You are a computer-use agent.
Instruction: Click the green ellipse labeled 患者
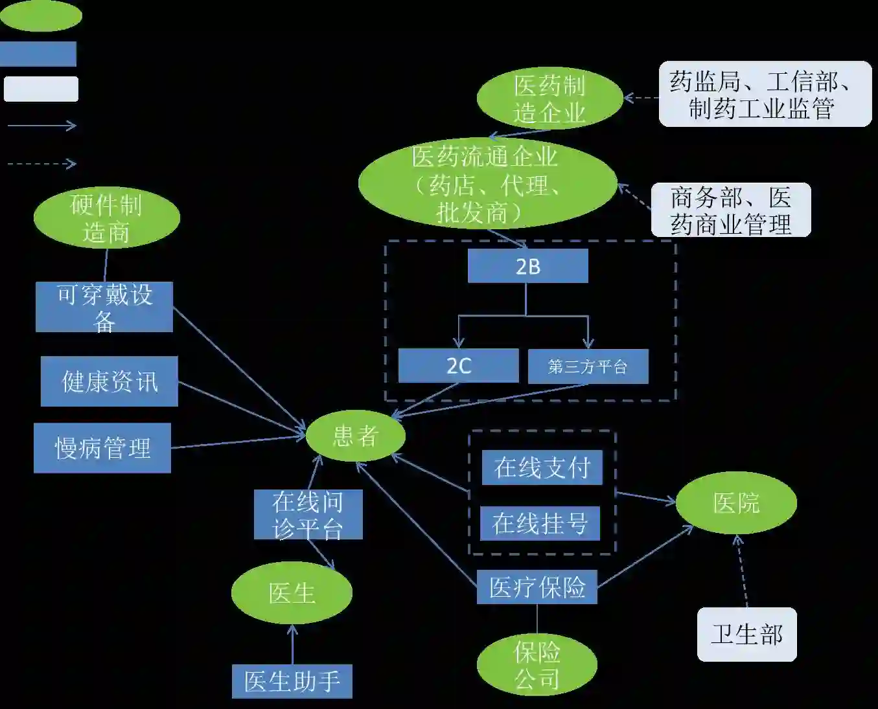355,436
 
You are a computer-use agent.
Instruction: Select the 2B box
527,266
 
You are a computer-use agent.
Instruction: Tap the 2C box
458,366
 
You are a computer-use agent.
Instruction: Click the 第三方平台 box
588,366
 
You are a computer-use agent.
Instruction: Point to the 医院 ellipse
736,503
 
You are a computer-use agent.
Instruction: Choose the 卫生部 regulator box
746,635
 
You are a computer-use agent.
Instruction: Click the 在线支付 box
542,467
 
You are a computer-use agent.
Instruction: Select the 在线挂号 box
540,523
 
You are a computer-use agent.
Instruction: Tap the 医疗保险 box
537,587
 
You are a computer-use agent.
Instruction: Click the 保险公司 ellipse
537,665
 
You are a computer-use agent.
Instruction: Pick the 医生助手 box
292,681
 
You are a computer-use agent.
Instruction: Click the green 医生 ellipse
292,593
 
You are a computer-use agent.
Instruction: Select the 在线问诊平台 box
308,515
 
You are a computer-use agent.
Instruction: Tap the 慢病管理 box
102,448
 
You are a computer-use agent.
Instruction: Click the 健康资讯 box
109,381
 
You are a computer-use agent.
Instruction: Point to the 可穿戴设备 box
104,307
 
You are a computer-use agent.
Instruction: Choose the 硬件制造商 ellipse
106,219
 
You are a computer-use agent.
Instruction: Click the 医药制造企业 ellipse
549,98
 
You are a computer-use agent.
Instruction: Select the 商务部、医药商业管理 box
730,210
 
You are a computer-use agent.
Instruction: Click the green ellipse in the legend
41,16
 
